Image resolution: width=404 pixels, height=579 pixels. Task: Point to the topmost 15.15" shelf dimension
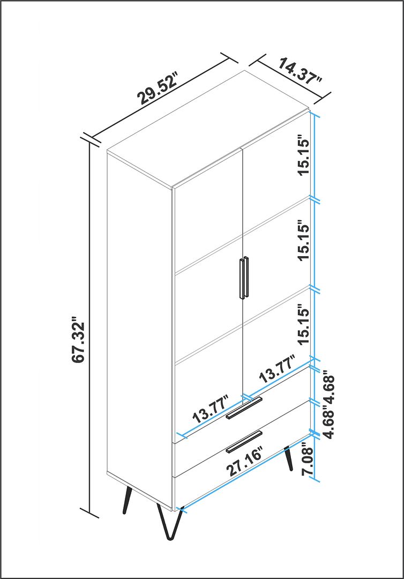coord(304,157)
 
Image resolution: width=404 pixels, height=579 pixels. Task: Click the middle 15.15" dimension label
coord(304,241)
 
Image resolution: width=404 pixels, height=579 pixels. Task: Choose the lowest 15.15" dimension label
coord(304,324)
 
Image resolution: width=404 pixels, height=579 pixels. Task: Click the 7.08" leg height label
coord(307,462)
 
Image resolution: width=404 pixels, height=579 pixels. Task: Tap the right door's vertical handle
coord(246,277)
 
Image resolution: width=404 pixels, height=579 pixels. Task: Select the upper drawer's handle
coord(244,408)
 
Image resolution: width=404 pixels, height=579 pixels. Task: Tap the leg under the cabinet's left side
coord(128,500)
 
